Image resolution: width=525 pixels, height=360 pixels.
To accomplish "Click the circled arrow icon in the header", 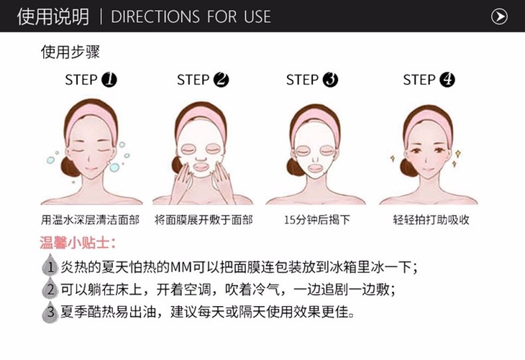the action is tap(499, 17).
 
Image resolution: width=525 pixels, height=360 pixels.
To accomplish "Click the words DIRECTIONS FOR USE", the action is tap(191, 17).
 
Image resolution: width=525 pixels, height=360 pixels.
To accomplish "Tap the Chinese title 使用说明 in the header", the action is tap(53, 17).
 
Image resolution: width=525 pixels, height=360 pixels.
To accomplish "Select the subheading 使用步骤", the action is tap(70, 52).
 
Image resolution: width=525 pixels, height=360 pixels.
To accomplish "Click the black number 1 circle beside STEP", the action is tap(109, 80).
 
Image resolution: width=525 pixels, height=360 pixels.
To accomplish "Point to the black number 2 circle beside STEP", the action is tap(221, 80).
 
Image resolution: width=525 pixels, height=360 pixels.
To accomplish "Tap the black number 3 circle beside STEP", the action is tap(330, 80).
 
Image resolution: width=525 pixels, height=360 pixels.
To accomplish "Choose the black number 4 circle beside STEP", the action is tap(447, 80).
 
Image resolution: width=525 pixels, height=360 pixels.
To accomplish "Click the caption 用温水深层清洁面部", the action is tap(90, 220).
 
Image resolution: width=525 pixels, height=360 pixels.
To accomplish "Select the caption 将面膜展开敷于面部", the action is tap(204, 220).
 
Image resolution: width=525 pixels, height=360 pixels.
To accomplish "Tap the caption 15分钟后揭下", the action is tap(317, 220).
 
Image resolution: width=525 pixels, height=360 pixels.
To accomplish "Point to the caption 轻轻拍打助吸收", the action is tap(432, 220).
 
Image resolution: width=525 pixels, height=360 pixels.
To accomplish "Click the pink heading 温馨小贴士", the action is tap(78, 243).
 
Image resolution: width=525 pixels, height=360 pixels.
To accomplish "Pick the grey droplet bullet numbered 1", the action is tap(50, 265).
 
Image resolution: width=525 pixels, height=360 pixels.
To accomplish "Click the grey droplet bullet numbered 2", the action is tap(50, 287).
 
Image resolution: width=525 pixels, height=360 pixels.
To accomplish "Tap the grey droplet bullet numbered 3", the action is tap(50, 311).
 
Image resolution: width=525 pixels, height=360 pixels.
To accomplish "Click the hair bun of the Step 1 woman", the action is tap(69, 167).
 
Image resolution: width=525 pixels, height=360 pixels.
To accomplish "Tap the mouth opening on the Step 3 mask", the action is tap(316, 167).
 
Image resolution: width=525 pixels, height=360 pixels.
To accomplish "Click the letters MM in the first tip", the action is tap(181, 267).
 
